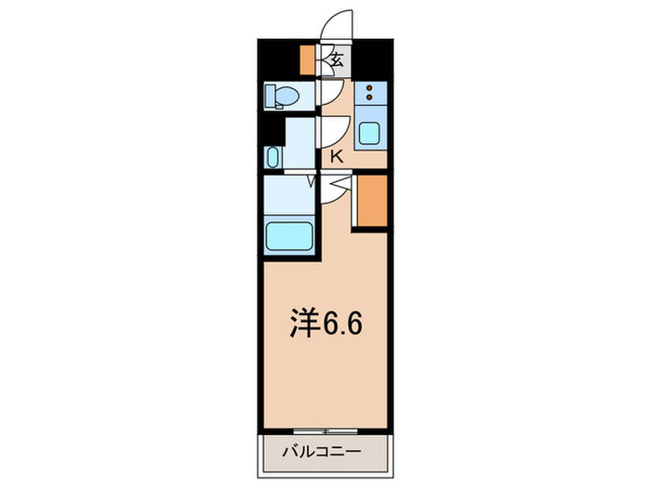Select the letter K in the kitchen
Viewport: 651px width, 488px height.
click(x=336, y=157)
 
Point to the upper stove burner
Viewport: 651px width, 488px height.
click(x=369, y=88)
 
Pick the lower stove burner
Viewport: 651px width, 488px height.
click(x=369, y=98)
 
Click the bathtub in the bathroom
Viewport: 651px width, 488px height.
click(x=289, y=235)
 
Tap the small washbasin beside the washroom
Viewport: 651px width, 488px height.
click(x=272, y=156)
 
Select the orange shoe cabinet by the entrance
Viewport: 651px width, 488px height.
click(x=308, y=59)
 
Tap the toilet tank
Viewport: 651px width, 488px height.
click(x=270, y=95)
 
